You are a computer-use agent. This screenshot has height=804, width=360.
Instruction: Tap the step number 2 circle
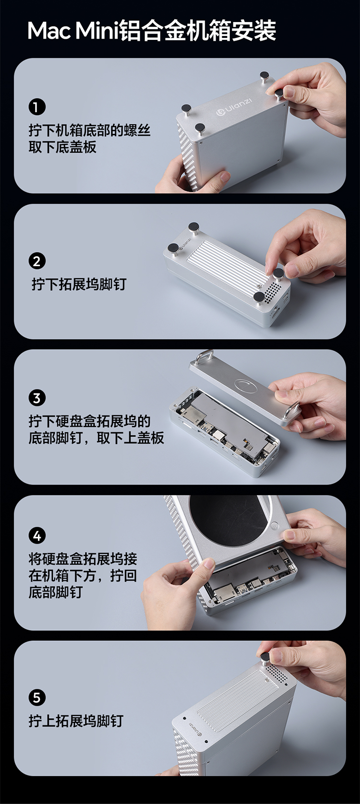click(x=36, y=261)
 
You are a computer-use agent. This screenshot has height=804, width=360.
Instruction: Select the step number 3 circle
click(x=36, y=398)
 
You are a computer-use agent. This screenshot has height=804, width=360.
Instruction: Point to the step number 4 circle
click(x=36, y=536)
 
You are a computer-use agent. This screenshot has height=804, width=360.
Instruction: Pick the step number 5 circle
click(x=36, y=698)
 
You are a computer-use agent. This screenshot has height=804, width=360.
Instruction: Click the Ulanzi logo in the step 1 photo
click(x=234, y=106)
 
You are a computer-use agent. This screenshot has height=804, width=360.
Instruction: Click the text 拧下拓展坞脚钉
click(x=79, y=284)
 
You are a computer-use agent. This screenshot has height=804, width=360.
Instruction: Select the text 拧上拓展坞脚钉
click(x=76, y=721)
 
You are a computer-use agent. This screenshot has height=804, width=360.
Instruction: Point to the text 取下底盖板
click(x=62, y=147)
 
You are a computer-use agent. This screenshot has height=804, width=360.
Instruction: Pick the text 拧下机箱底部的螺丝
click(x=89, y=130)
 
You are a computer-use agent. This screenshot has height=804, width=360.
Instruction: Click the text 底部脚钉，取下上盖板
click(x=96, y=437)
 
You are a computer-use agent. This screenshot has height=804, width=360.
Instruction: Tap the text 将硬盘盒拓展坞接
click(x=83, y=559)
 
